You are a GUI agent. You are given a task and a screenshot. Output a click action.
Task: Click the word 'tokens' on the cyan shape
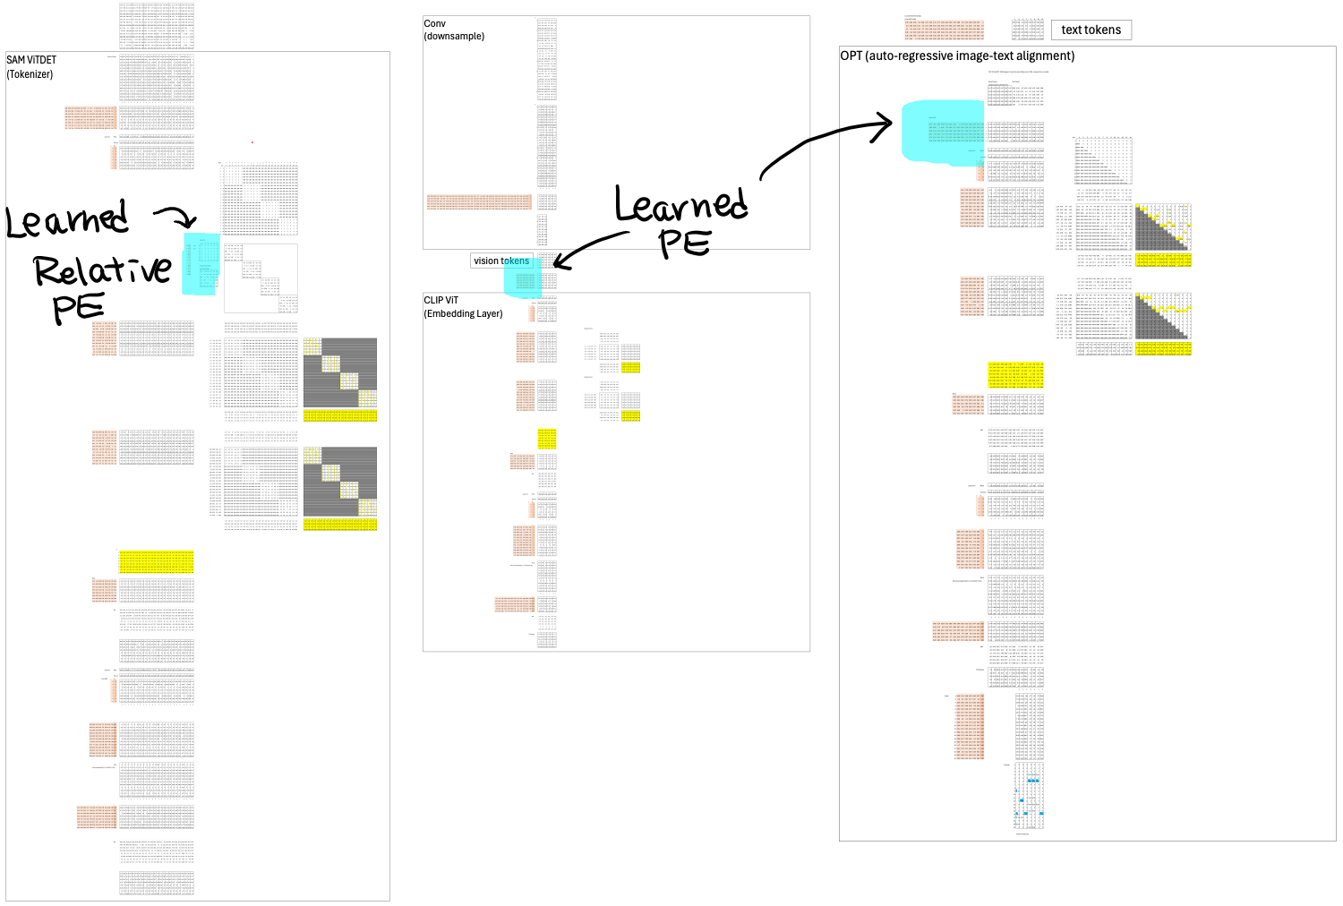click(517, 261)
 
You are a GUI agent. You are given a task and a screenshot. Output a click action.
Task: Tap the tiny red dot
click(252, 142)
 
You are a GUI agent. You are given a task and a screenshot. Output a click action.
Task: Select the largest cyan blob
click(943, 132)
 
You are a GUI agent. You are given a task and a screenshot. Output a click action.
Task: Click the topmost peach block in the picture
click(944, 30)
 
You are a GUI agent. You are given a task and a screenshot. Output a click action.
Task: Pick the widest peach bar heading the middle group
click(478, 201)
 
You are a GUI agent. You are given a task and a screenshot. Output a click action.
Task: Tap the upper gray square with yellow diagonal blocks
click(339, 372)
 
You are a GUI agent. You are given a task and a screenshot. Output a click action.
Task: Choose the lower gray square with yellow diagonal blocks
click(339, 482)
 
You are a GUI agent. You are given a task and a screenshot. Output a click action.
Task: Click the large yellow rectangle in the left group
click(157, 561)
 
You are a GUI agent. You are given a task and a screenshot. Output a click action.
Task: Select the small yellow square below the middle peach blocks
click(547, 439)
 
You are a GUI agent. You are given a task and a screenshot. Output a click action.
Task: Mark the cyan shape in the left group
click(201, 264)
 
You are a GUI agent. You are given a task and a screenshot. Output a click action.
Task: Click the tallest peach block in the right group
click(970, 726)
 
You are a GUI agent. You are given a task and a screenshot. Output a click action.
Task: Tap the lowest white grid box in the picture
click(157, 851)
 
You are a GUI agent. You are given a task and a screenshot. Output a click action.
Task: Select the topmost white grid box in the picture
click(1028, 95)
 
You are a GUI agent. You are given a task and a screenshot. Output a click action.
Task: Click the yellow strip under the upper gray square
click(339, 415)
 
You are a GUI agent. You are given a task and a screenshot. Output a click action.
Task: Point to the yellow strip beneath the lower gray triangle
click(1163, 348)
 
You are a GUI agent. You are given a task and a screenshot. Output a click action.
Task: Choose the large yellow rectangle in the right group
click(1015, 375)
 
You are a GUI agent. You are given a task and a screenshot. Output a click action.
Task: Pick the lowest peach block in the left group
click(97, 816)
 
